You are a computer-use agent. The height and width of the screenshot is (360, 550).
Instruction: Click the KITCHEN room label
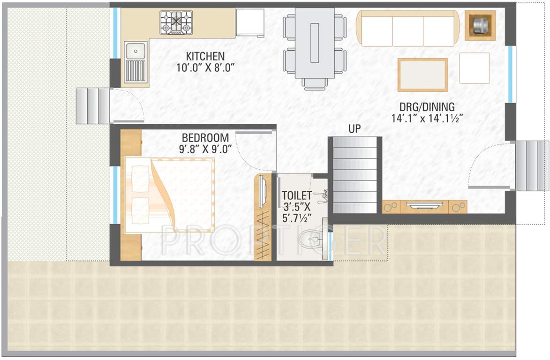coord(205,56)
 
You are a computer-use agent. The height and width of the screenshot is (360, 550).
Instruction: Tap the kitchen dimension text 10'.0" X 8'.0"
coord(205,68)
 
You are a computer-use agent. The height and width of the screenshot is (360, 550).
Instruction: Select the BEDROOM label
coord(205,138)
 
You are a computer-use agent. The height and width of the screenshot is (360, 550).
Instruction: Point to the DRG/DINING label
coord(423,106)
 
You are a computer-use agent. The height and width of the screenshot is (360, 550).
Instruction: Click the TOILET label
coord(296,195)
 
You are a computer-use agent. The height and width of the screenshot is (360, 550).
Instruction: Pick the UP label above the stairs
coord(355,129)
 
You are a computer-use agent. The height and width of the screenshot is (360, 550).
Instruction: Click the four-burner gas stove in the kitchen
coord(176,22)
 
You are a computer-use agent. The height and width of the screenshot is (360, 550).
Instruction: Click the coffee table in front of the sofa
coord(422,75)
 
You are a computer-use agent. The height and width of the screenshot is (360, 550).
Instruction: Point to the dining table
coord(315,42)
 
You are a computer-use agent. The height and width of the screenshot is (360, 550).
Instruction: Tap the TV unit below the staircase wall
coord(424,206)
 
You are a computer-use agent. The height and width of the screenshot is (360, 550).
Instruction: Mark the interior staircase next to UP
coord(355,174)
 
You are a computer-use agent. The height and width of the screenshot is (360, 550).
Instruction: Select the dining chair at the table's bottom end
coord(315,83)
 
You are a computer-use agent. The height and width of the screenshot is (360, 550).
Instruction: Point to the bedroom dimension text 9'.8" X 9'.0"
coord(205,150)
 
